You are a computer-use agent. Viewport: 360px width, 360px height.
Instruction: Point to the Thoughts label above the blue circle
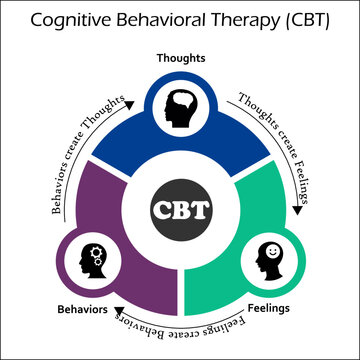pyautogui.click(x=180, y=58)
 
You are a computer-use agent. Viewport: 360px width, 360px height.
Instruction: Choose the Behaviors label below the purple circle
pyautogui.click(x=81, y=310)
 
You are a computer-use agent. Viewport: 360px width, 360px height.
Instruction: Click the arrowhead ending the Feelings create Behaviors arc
pyautogui.click(x=116, y=319)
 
